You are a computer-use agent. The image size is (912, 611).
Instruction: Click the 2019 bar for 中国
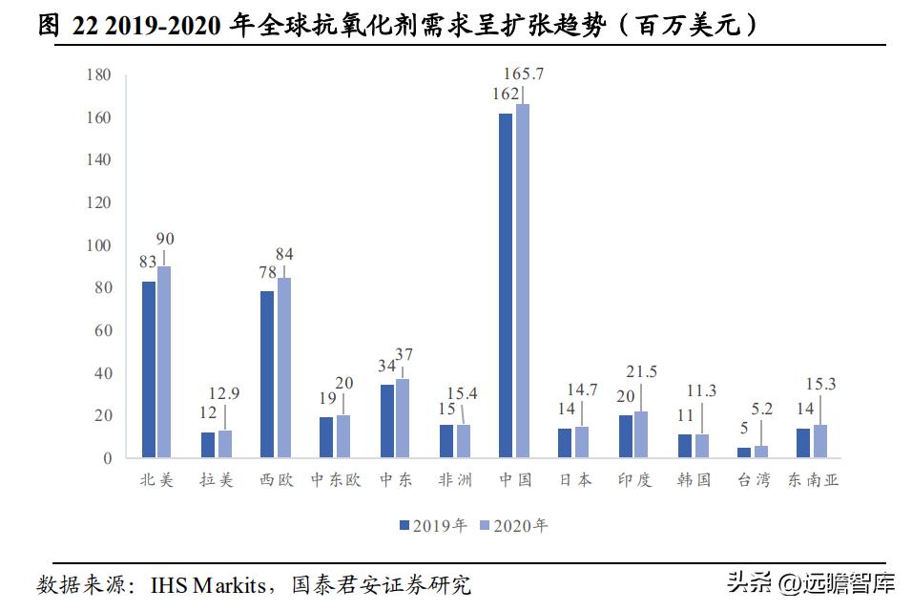(506, 285)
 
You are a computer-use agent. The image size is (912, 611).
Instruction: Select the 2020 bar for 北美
(164, 362)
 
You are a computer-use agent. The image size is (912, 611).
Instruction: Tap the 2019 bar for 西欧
(267, 374)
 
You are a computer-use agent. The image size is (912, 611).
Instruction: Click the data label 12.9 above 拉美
(224, 392)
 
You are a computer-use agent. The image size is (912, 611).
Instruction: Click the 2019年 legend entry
(432, 525)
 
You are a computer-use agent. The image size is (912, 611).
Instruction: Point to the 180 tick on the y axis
(99, 75)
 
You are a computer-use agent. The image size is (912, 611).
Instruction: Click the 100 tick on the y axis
(99, 245)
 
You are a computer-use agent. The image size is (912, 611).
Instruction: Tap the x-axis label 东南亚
(813, 480)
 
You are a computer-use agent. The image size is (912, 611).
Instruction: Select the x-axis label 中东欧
(335, 480)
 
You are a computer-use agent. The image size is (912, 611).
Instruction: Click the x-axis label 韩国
(693, 480)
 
